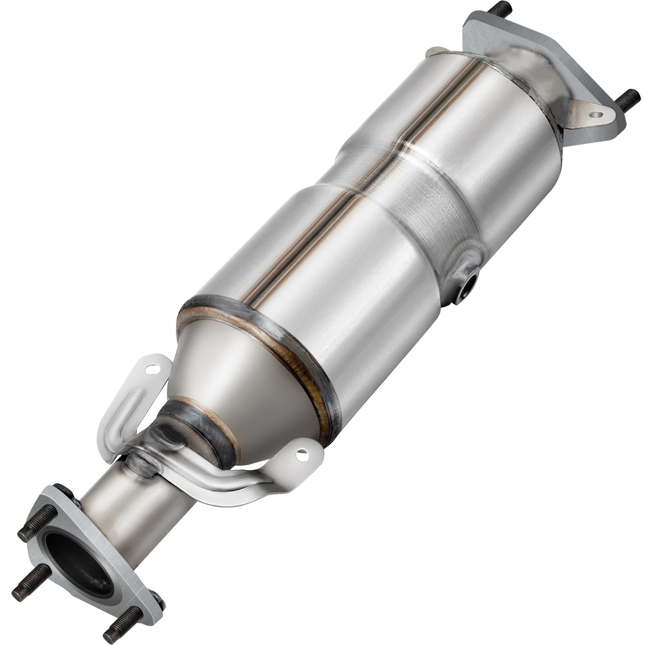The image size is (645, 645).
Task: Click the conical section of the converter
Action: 250,379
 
